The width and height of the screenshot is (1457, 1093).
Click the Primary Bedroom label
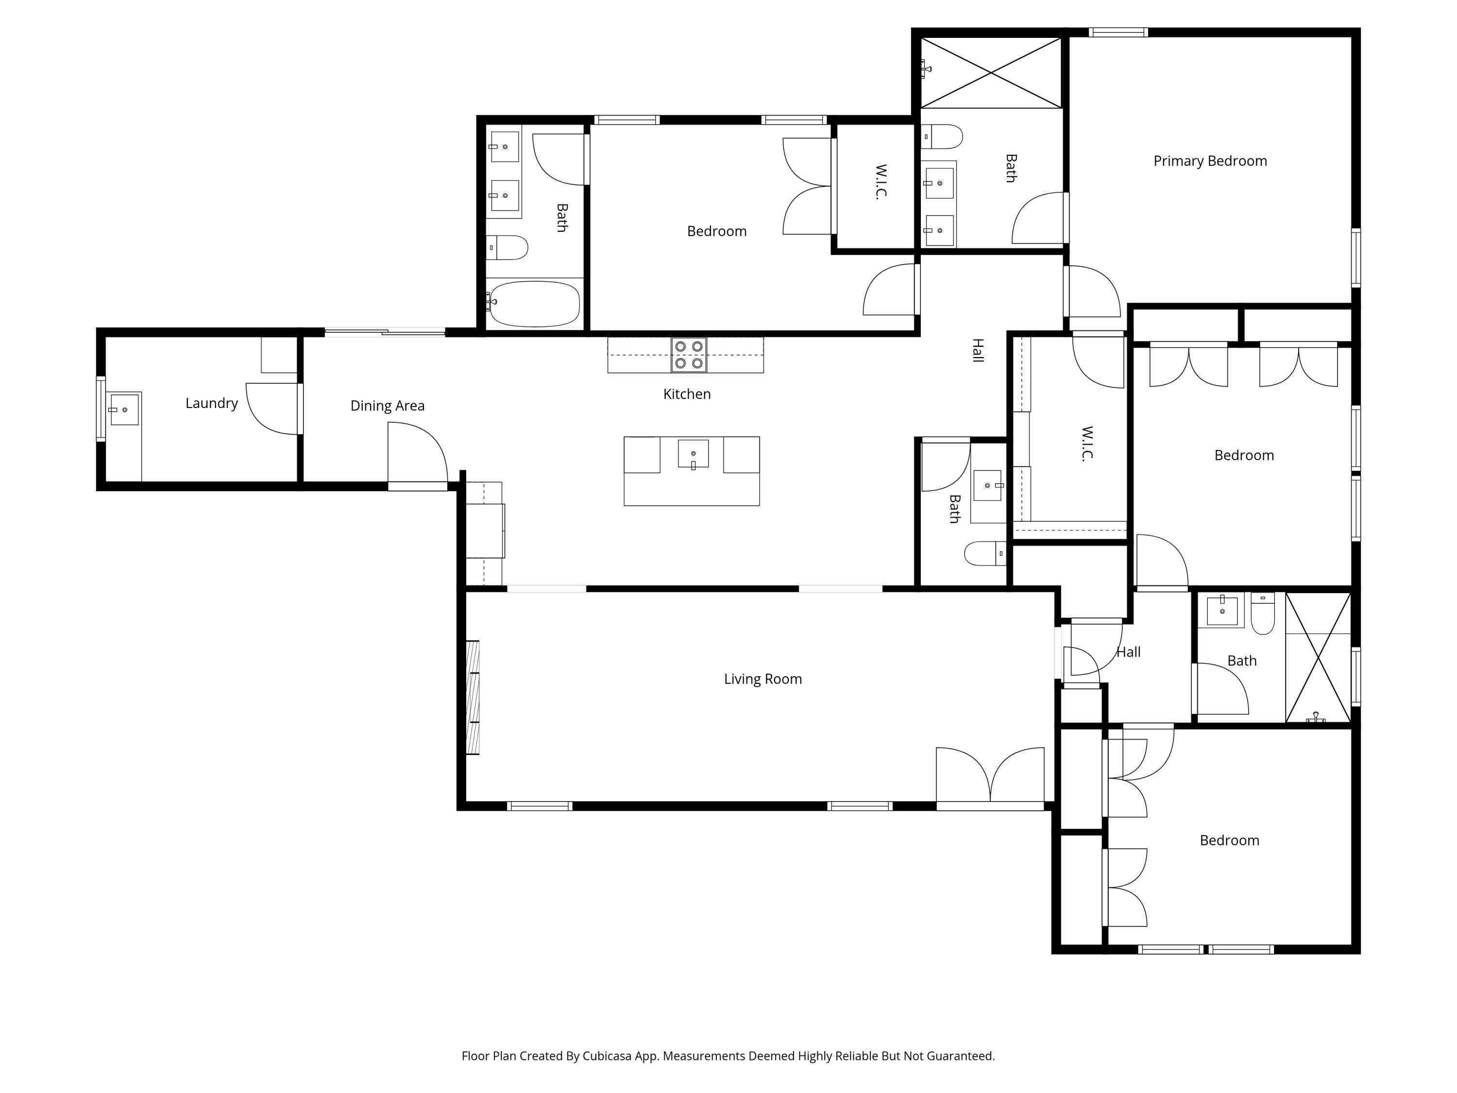pos(1209,161)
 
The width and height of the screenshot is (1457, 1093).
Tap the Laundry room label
pos(211,403)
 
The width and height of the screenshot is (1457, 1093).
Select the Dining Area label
pos(387,406)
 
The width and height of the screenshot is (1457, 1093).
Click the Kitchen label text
pos(686,394)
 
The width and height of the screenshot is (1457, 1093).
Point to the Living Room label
pos(763,679)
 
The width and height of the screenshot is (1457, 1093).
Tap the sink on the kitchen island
pos(693,454)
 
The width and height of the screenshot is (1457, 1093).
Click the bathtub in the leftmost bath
pos(534,304)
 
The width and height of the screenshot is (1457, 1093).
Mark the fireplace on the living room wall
pos(472,697)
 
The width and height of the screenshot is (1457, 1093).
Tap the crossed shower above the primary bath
pos(991,72)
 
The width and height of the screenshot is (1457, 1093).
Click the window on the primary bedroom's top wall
pos(1118,32)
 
